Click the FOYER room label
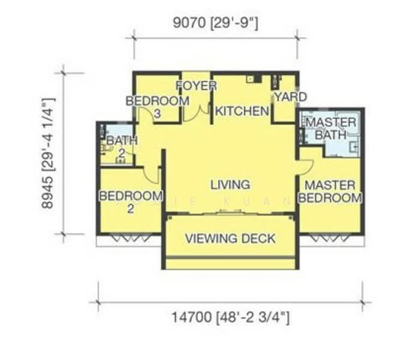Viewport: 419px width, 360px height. coord(196,86)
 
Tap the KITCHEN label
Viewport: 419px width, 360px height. coord(242,111)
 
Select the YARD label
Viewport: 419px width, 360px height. coord(290,97)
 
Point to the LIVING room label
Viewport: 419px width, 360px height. coord(230,185)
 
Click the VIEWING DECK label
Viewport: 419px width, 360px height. coord(230,238)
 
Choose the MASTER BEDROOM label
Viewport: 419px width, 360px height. coord(330,191)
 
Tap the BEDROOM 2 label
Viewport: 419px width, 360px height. coord(131,202)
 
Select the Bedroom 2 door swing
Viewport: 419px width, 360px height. coord(151,174)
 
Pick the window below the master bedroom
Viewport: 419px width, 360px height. coord(330,238)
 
